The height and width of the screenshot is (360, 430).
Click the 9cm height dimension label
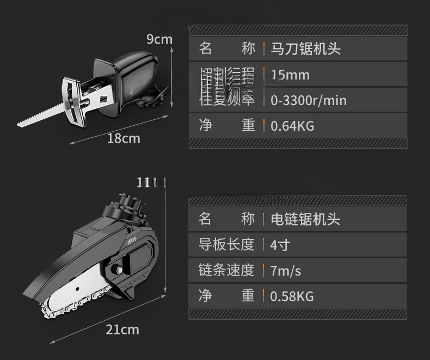click(x=159, y=39)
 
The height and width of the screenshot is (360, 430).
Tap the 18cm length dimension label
click(x=123, y=138)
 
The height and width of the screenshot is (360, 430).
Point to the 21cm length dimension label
click(x=122, y=329)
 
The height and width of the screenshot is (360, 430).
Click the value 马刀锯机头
click(x=305, y=48)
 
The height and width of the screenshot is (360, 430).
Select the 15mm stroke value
click(x=290, y=75)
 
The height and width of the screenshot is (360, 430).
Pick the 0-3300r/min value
click(x=308, y=100)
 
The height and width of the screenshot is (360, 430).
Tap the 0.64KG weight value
click(x=292, y=126)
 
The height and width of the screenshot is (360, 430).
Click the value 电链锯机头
click(x=305, y=219)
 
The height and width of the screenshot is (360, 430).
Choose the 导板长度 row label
click(x=226, y=245)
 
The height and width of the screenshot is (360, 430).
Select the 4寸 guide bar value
click(x=279, y=245)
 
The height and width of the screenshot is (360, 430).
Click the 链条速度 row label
click(x=226, y=270)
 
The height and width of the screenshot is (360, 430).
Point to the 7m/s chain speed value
click(x=285, y=270)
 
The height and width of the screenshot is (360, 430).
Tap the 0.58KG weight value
click(x=292, y=296)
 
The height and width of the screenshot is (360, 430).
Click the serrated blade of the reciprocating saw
click(x=38, y=114)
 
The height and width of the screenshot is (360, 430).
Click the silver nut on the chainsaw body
click(x=118, y=269)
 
